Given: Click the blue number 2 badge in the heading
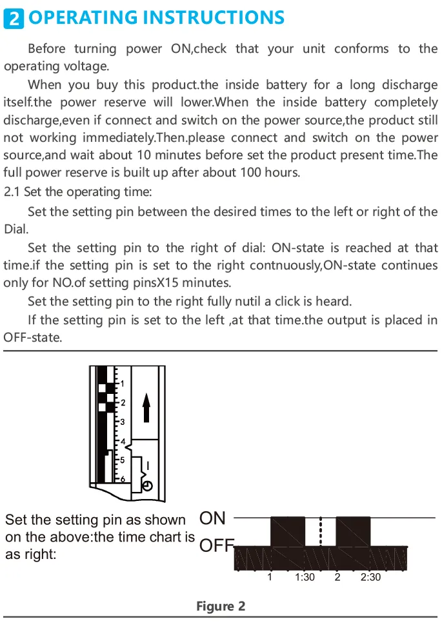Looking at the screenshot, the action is tap(14, 18).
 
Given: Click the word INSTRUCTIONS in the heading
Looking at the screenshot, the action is tap(214, 18).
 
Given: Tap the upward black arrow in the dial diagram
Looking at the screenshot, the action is tap(146, 407).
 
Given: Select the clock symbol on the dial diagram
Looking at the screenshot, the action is tap(147, 486).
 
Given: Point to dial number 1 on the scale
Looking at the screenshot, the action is tap(123, 384).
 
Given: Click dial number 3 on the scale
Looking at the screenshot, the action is tap(123, 422).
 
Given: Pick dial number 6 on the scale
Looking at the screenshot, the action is tap(123, 478).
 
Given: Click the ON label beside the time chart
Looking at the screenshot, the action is tap(212, 518).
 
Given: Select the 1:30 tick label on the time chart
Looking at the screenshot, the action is tap(305, 577).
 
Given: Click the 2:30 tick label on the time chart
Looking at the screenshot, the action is tap(370, 577).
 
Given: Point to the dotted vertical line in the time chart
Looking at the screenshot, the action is tap(321, 531).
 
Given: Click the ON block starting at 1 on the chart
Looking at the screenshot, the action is tap(288, 531).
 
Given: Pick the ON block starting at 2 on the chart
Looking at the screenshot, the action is tap(354, 531).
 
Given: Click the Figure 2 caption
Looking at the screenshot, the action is tap(221, 606).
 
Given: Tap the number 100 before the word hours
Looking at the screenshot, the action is tap(251, 173).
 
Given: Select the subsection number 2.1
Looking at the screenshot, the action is tap(12, 191).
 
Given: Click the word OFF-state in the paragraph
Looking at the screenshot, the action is tap(33, 337).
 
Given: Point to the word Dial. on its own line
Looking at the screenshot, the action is tap(16, 229).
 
